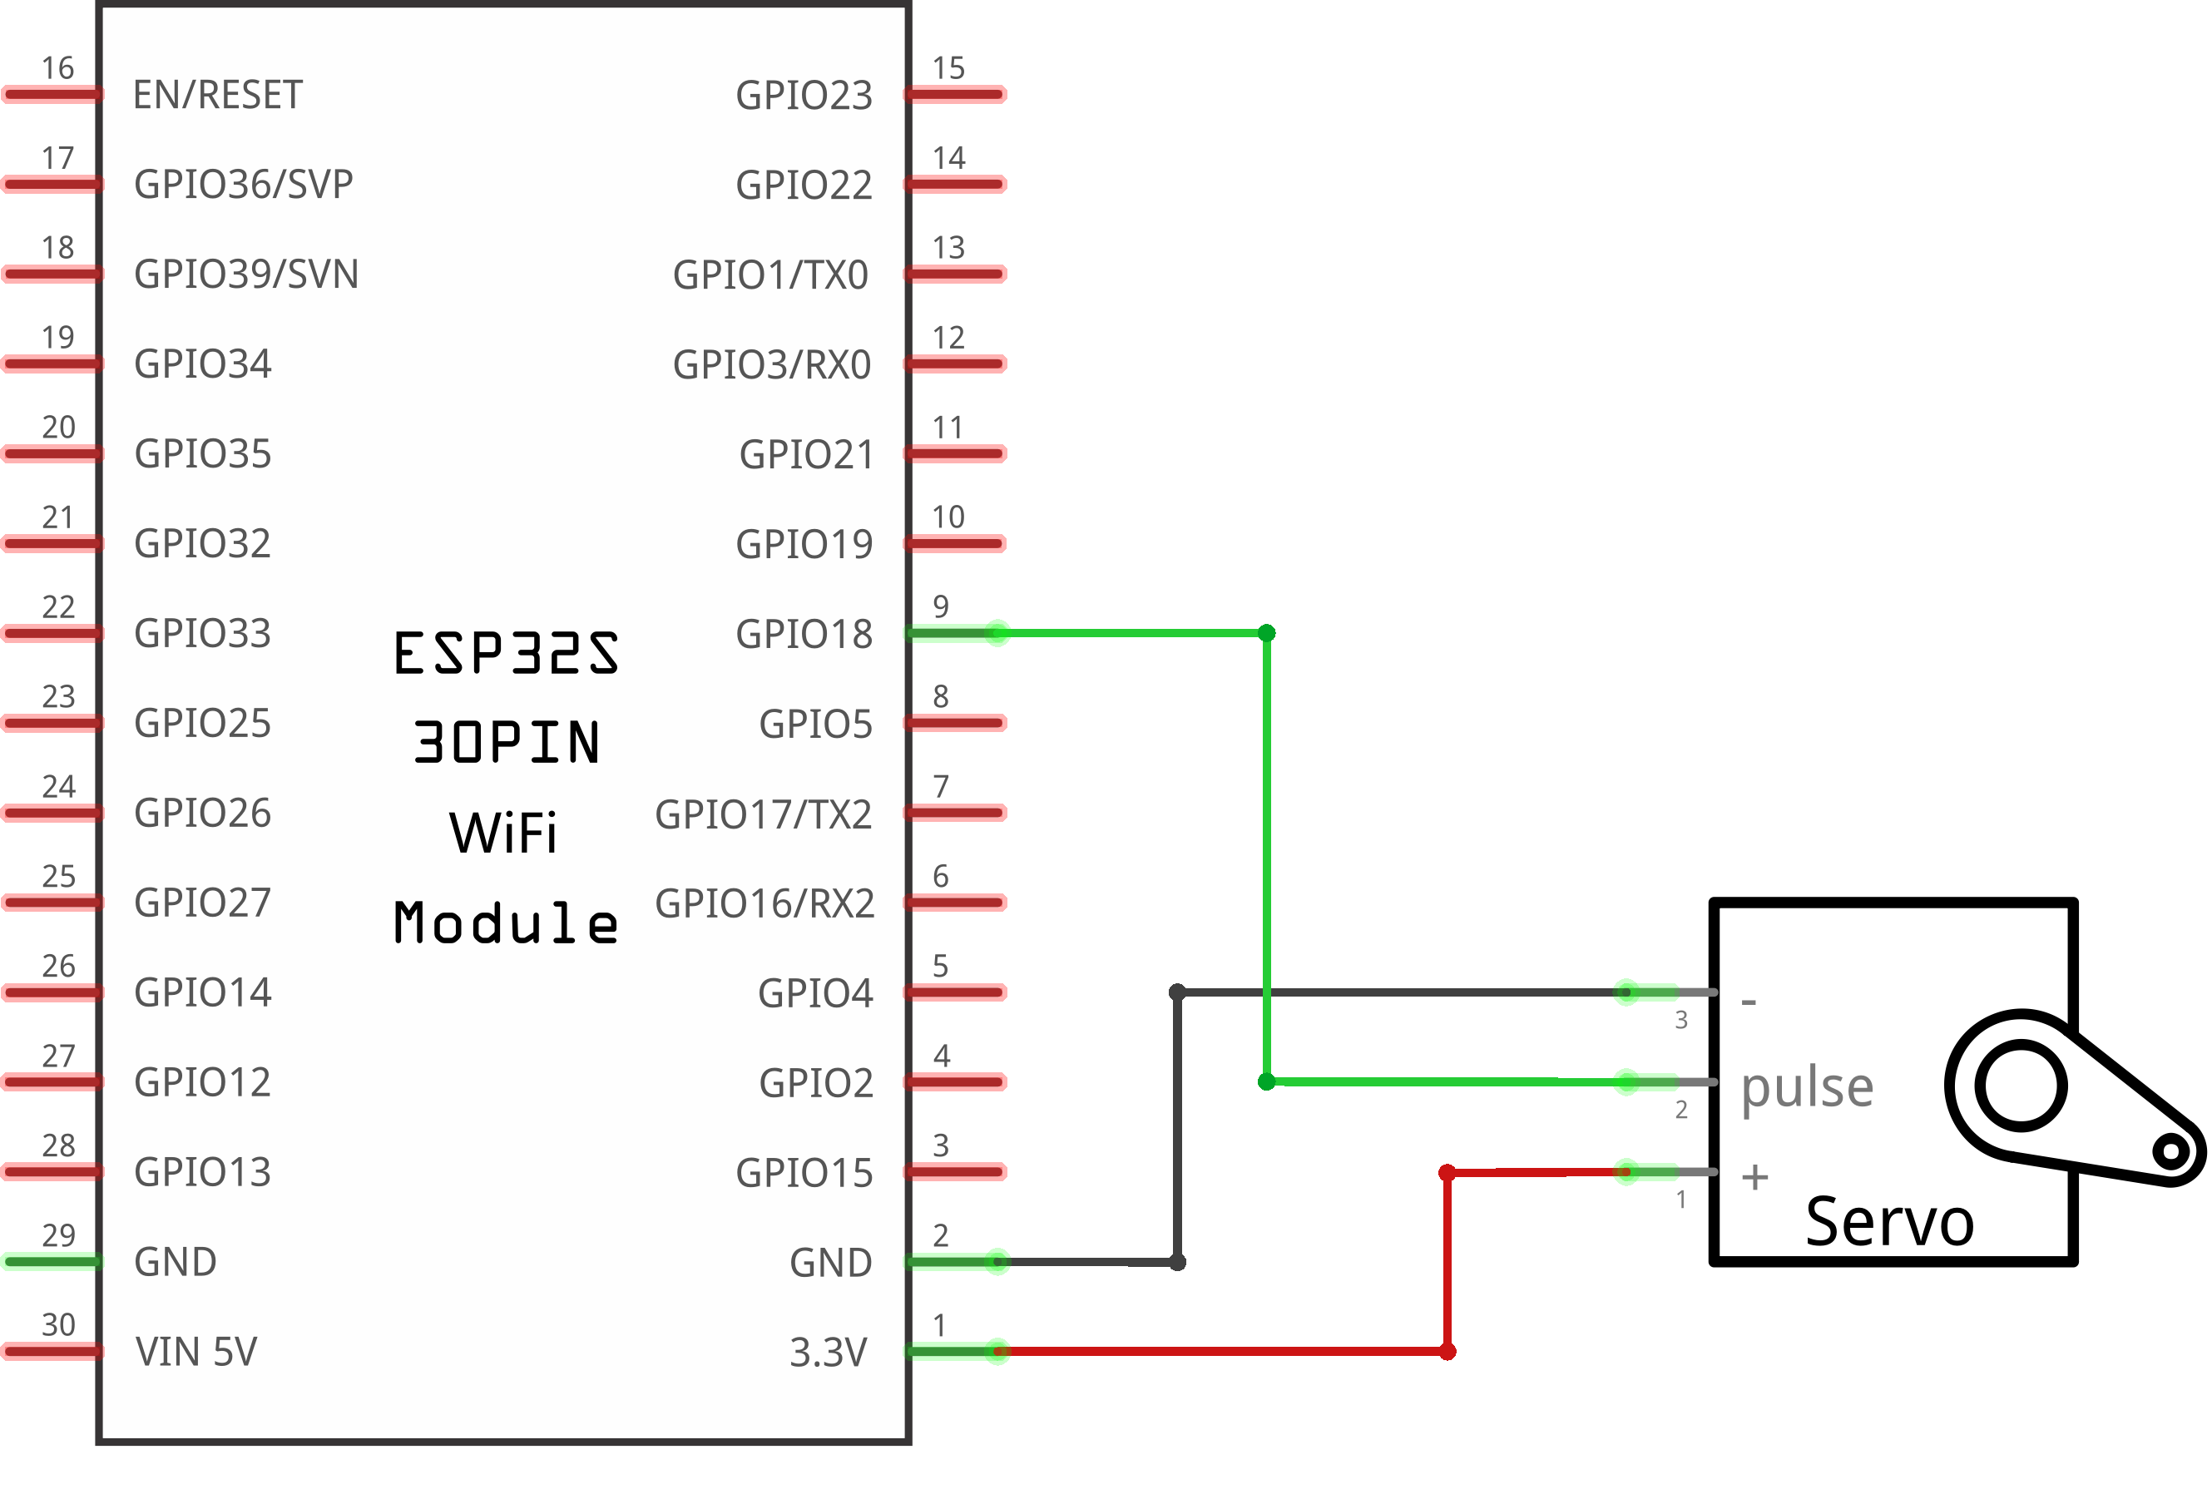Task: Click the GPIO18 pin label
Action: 804,634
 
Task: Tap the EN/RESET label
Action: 217,95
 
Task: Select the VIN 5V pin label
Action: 196,1352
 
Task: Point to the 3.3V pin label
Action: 828,1352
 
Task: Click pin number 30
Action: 58,1324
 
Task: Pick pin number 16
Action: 58,67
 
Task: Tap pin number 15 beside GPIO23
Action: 948,67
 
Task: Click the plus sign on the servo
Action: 1755,1178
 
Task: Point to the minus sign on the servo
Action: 1749,1002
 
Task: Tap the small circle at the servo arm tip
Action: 2171,1151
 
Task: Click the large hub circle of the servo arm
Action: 2021,1086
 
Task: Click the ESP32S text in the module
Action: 507,653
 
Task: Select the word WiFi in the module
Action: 503,833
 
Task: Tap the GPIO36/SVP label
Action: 244,185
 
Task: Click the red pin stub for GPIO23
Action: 956,94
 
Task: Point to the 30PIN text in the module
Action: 507,743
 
